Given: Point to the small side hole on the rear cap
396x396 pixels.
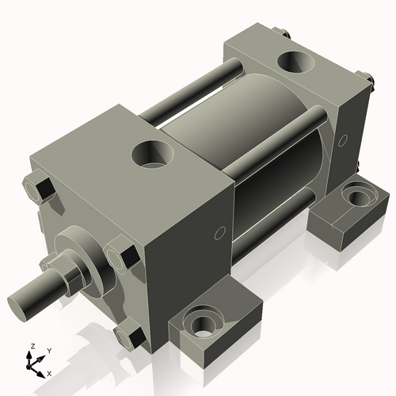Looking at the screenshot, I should [x=342, y=141].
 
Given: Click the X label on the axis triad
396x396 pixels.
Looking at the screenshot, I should [x=50, y=372].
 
